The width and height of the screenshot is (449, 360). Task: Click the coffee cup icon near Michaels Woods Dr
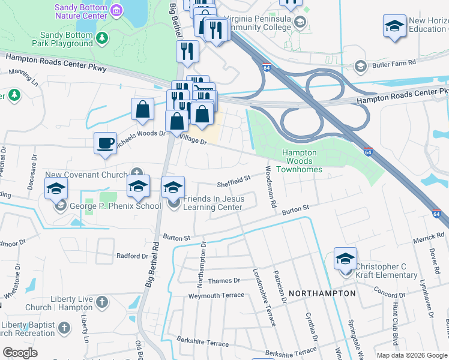coord(105,143)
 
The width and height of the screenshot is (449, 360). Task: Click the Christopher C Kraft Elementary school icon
coord(345,259)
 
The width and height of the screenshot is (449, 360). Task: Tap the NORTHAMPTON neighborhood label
coord(322,293)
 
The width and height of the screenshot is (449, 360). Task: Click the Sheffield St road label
coord(234,179)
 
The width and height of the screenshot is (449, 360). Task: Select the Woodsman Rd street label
coord(270,187)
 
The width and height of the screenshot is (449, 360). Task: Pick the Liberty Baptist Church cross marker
coord(65,328)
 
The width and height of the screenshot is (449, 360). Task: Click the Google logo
coord(20,353)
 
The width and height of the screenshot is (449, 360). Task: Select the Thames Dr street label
coord(223,280)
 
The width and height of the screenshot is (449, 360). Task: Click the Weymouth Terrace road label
coord(216,295)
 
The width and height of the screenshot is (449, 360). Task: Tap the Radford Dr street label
coord(132,256)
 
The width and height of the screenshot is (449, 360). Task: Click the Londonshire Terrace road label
coord(264,298)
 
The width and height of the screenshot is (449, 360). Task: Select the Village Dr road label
coord(194,142)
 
